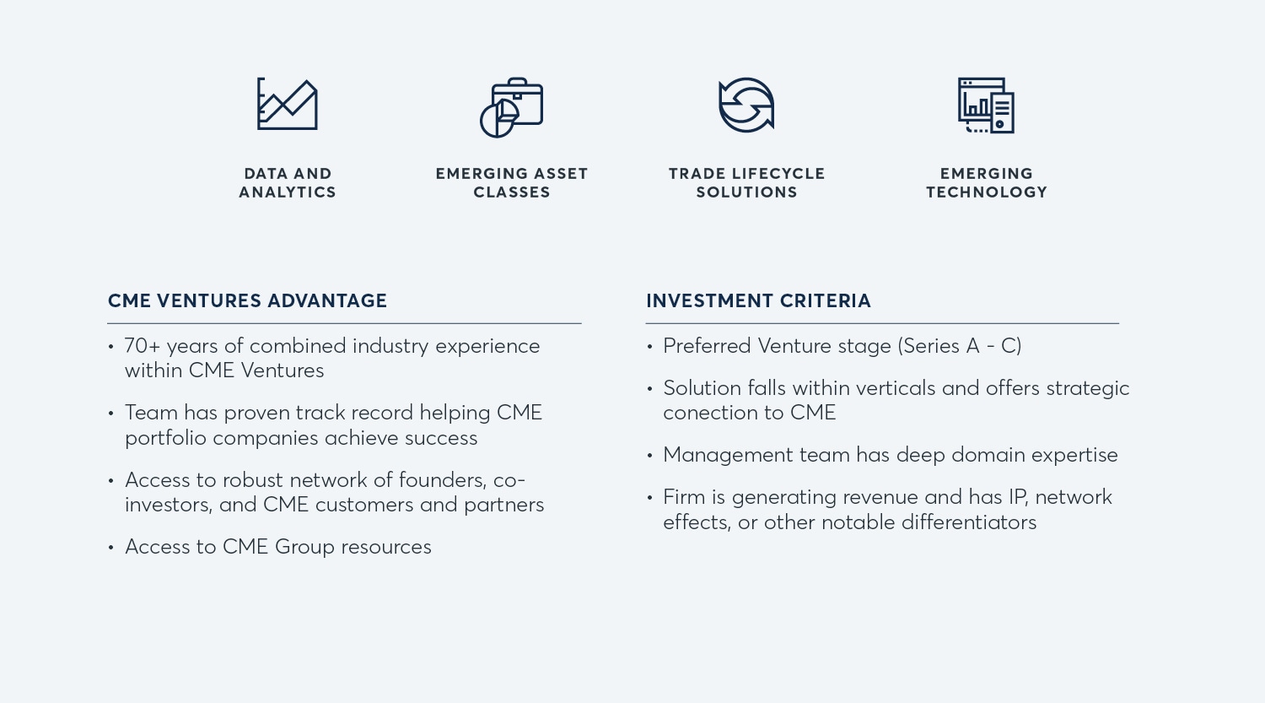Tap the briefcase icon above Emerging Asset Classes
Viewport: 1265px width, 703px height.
pyautogui.click(x=512, y=107)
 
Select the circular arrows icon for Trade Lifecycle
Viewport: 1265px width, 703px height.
pyautogui.click(x=746, y=105)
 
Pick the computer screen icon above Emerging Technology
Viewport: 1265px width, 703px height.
pyautogui.click(x=986, y=105)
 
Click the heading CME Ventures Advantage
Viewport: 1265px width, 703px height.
pyautogui.click(x=247, y=300)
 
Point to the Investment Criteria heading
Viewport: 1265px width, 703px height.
pyautogui.click(x=758, y=300)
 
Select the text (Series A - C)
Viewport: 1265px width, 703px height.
pyautogui.click(x=960, y=346)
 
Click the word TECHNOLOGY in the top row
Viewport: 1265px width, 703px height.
pyautogui.click(x=987, y=192)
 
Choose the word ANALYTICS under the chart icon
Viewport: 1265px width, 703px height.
pyautogui.click(x=288, y=192)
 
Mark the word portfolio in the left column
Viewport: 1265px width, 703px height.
pyautogui.click(x=165, y=439)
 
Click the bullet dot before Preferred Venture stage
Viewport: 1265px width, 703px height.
pyautogui.click(x=649, y=346)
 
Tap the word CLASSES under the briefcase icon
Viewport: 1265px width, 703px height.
pyautogui.click(x=512, y=192)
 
